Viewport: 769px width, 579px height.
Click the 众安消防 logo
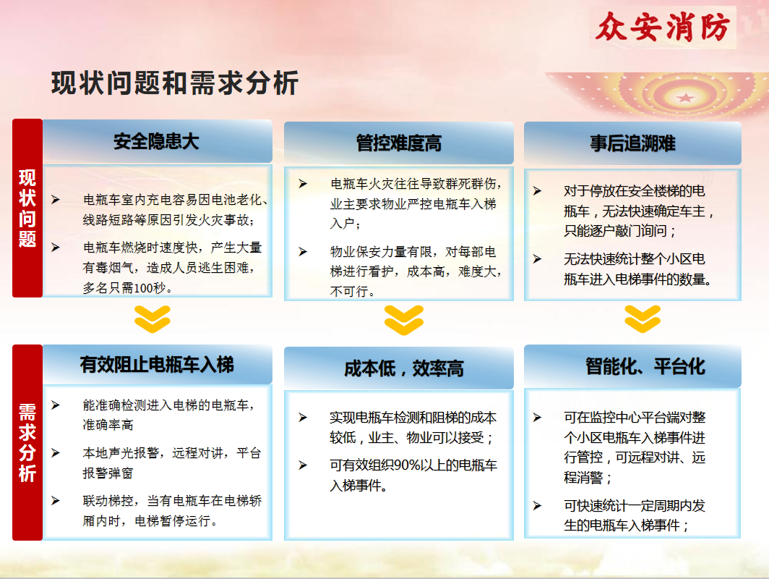pos(663,27)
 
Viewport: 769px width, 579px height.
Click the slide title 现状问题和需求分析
pos(175,83)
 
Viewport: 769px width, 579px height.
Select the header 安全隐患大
pos(156,141)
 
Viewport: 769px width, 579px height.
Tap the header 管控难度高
pos(399,143)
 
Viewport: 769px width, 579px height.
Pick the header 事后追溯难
pos(632,143)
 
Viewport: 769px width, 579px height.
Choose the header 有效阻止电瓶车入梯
pos(157,365)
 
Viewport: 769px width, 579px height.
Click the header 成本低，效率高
pos(403,368)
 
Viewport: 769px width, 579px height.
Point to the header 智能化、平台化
pos(645,366)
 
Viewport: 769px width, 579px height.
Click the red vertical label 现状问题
pos(27,208)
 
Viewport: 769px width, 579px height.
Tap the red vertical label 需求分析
pos(27,442)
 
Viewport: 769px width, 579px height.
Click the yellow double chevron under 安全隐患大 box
pos(152,319)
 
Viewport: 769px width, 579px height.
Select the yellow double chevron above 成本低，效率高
pos(403,320)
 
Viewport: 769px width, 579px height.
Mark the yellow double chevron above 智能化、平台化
pos(643,319)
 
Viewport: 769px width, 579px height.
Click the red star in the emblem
pos(685,98)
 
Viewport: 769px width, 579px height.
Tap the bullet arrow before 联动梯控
pos(56,500)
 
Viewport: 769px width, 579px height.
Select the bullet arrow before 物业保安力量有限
pos(303,251)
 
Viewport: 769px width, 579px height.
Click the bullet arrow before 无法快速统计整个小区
pos(538,259)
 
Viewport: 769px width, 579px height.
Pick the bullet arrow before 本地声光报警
pos(56,453)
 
